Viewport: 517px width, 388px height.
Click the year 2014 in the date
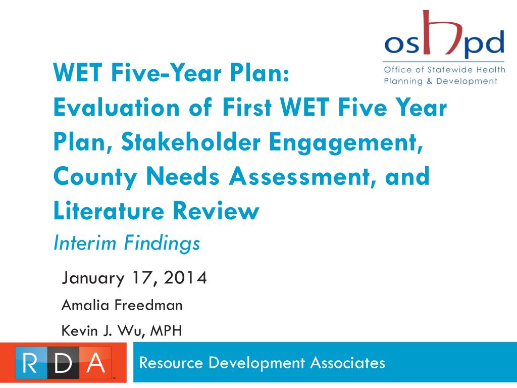pos(185,278)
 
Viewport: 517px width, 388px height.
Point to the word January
pos(91,278)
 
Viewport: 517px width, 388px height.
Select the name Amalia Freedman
pos(122,305)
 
